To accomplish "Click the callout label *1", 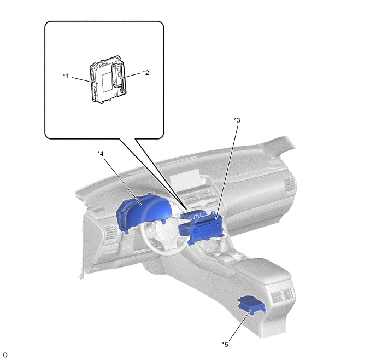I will (x=66, y=75).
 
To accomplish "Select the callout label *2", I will (x=146, y=72).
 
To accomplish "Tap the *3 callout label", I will (x=237, y=119).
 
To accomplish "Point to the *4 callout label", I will (x=101, y=153).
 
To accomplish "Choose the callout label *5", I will (x=225, y=344).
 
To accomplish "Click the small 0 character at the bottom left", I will (x=5, y=355).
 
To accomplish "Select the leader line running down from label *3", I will (x=227, y=170).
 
